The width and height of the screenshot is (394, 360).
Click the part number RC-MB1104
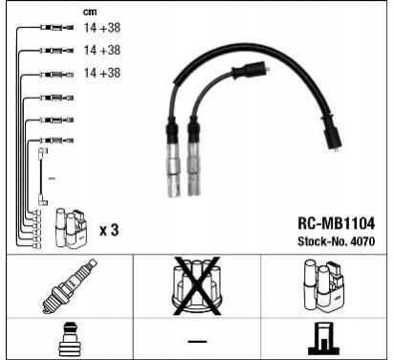(x=336, y=223)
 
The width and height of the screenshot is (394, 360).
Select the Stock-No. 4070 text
(x=336, y=241)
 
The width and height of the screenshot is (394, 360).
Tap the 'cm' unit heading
(x=90, y=11)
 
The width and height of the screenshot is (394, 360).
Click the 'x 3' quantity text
(x=109, y=230)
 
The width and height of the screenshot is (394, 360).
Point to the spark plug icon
(x=70, y=286)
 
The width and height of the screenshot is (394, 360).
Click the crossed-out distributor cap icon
(x=197, y=286)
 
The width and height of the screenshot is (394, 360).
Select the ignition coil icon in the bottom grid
(x=324, y=286)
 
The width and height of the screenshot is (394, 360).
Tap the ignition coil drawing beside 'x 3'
(x=71, y=228)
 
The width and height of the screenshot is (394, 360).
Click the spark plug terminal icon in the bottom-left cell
(x=69, y=339)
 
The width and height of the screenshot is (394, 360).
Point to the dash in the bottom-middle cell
(x=197, y=342)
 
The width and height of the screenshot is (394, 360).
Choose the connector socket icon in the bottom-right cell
(x=323, y=339)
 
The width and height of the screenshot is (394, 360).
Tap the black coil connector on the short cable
(x=252, y=71)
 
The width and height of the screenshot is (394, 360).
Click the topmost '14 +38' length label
(x=102, y=28)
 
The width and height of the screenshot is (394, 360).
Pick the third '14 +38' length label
(x=102, y=73)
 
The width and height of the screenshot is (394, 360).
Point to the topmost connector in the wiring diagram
(x=57, y=28)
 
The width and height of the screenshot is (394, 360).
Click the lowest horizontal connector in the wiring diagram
(x=57, y=140)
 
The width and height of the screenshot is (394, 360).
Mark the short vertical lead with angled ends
(x=41, y=176)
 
